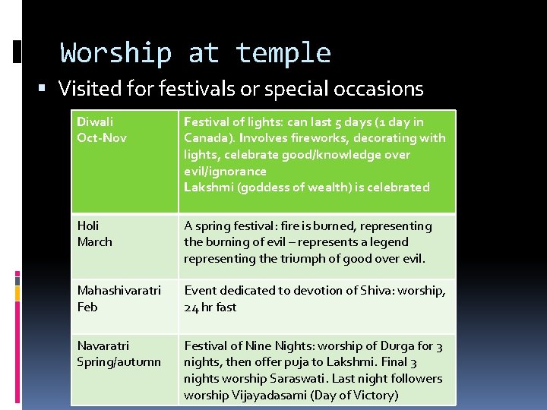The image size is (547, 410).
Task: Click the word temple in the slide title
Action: click(283, 54)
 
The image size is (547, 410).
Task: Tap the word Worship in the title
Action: click(116, 54)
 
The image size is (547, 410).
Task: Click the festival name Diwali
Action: click(93, 121)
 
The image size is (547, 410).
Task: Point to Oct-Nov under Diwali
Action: click(102, 138)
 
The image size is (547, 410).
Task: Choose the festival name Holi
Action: click(88, 225)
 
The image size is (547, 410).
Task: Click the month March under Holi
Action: click(94, 242)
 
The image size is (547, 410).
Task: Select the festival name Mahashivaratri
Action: click(119, 291)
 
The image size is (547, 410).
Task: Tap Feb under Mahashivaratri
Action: click(87, 307)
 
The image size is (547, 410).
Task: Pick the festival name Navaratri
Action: click(103, 345)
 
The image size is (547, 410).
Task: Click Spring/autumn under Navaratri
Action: click(119, 362)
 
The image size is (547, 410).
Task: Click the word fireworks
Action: click(339, 138)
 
